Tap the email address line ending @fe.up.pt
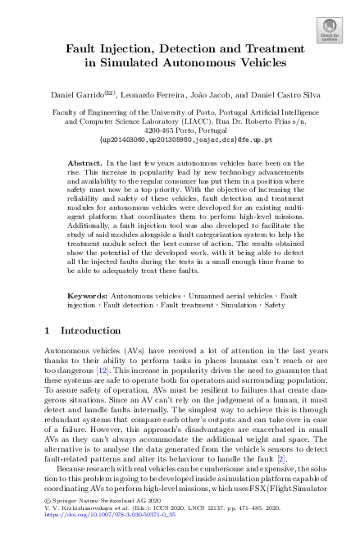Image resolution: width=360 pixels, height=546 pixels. point(180,140)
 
